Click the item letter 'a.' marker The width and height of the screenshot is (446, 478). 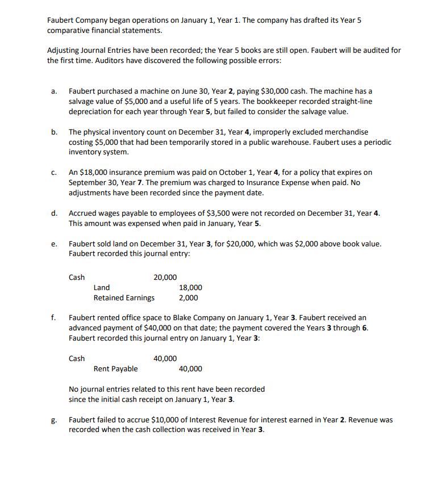coord(53,91)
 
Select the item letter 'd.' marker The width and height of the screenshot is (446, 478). coord(53,213)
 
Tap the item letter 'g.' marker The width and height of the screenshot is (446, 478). coord(53,421)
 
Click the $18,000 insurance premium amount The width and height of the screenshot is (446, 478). coord(91,172)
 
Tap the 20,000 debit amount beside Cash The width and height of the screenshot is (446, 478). coord(165,277)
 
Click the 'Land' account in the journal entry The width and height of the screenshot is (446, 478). coord(102,287)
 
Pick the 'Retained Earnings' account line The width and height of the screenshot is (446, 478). coord(124,297)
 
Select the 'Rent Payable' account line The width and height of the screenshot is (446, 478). coord(115,369)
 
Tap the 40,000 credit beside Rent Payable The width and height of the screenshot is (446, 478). coord(190,369)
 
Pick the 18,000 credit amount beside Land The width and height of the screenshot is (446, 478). coord(190,287)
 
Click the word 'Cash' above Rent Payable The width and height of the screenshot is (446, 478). coord(77,358)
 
